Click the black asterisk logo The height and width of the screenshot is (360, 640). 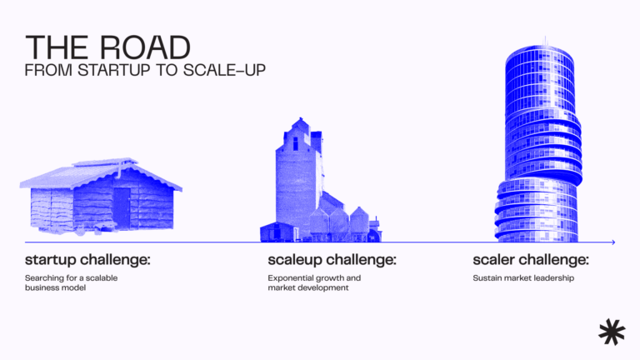coord(611,331)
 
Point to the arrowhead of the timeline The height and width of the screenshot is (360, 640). coord(612,242)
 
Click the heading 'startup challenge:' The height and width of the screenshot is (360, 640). coord(87,260)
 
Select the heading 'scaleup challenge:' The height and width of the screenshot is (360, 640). coord(332,260)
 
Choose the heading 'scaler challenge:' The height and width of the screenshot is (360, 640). coord(531,260)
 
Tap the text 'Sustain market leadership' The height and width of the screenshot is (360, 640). coord(523,277)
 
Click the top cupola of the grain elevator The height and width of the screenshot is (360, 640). coord(298,127)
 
